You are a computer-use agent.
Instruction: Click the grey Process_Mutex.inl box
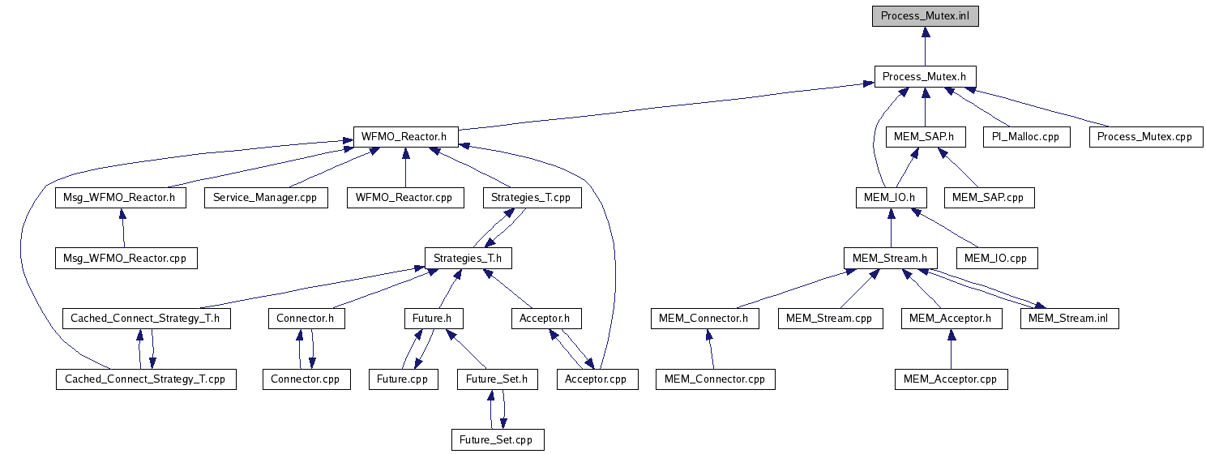click(925, 16)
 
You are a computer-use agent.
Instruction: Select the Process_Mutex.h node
click(925, 77)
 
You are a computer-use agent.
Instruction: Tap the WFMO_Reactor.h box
click(405, 137)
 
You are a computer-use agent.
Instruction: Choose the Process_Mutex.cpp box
click(1144, 137)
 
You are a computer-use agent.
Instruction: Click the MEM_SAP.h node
click(925, 137)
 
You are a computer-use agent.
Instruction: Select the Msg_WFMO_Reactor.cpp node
click(126, 258)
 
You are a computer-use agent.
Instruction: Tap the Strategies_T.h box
click(468, 258)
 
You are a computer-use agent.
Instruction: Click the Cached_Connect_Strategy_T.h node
click(146, 319)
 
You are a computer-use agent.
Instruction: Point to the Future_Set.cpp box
click(497, 439)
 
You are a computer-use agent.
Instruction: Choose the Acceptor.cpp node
click(597, 379)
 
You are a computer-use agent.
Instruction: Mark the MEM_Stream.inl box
click(1069, 319)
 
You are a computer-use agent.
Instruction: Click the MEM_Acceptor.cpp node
click(951, 379)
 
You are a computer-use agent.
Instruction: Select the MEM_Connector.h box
click(704, 319)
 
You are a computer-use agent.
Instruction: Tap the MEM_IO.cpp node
click(996, 258)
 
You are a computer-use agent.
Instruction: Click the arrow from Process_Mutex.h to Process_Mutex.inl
click(925, 46)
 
